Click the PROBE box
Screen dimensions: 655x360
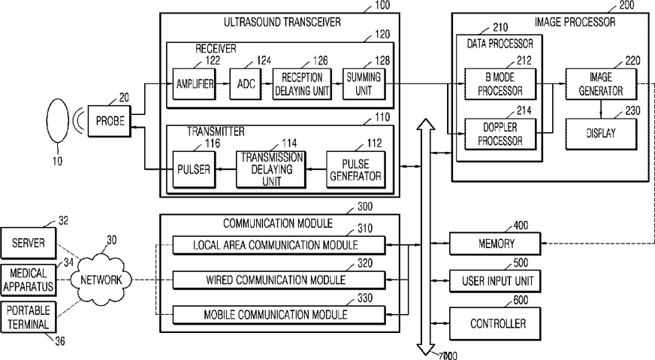click(110, 121)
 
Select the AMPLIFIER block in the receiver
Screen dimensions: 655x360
click(195, 84)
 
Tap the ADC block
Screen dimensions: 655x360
click(246, 84)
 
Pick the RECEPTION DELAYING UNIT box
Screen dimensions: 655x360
click(302, 84)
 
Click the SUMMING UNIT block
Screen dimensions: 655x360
click(364, 84)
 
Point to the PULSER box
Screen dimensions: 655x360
click(195, 169)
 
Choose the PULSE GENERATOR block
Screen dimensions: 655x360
click(355, 169)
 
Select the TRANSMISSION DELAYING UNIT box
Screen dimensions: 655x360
click(271, 169)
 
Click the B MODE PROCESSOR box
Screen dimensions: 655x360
click(500, 84)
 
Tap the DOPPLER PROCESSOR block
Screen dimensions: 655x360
click(500, 134)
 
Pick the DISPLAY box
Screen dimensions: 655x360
click(602, 134)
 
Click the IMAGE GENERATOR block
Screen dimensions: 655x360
click(602, 84)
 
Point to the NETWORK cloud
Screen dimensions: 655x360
click(101, 280)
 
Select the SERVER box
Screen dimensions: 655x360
click(29, 243)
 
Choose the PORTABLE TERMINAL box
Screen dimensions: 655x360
click(29, 317)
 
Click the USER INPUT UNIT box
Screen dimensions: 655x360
click(495, 281)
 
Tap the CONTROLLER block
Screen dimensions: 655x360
click(495, 324)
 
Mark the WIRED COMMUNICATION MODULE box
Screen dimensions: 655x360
click(279, 280)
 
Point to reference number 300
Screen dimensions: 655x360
click(365, 207)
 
